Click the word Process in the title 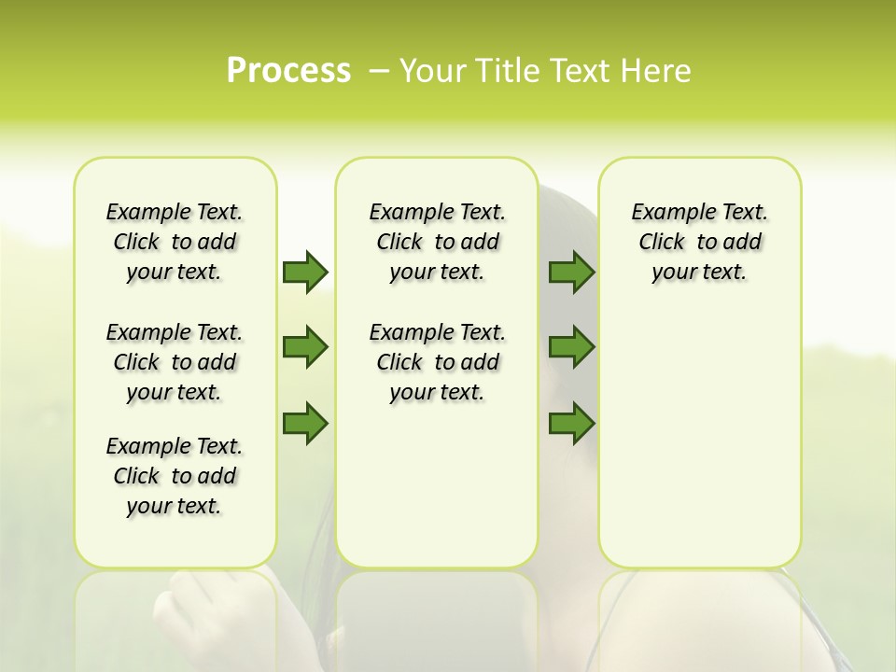pyautogui.click(x=288, y=71)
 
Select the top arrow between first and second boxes pyautogui.click(x=304, y=272)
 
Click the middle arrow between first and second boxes pyautogui.click(x=304, y=347)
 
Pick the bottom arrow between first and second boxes pyautogui.click(x=304, y=424)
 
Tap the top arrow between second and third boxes pyautogui.click(x=571, y=272)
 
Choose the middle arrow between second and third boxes pyautogui.click(x=571, y=347)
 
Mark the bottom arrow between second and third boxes pyautogui.click(x=571, y=424)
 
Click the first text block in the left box pyautogui.click(x=175, y=242)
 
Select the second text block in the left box pyautogui.click(x=175, y=362)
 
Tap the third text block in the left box pyautogui.click(x=175, y=476)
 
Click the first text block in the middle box pyautogui.click(x=438, y=242)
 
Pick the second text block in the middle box pyautogui.click(x=438, y=362)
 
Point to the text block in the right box pyautogui.click(x=700, y=242)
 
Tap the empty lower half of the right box pyautogui.click(x=700, y=448)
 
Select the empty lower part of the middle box pyautogui.click(x=438, y=485)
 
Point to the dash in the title pyautogui.click(x=378, y=71)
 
